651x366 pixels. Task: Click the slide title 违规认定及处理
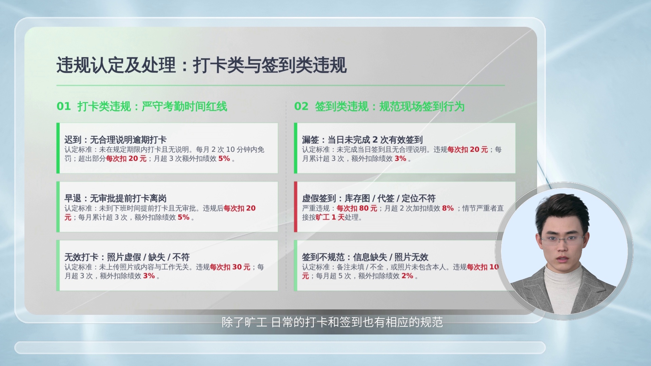116,65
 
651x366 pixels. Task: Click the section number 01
64,106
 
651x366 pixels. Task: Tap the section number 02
301,106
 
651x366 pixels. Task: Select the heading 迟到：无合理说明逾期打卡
116,140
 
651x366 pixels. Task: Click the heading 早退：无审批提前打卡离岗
116,198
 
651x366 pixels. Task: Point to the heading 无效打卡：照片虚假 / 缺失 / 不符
127,257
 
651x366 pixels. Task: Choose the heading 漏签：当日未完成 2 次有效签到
362,140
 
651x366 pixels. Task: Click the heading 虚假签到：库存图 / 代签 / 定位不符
369,198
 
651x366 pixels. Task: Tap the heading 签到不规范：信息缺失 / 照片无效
365,257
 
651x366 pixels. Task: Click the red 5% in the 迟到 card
224,158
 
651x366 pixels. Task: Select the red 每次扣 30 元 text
230,267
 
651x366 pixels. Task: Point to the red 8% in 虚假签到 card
448,208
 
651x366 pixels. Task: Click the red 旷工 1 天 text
330,217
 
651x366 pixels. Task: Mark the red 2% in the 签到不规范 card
407,276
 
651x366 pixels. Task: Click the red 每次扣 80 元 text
357,208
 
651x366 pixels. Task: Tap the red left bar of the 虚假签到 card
296,207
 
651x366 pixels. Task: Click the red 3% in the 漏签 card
400,158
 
